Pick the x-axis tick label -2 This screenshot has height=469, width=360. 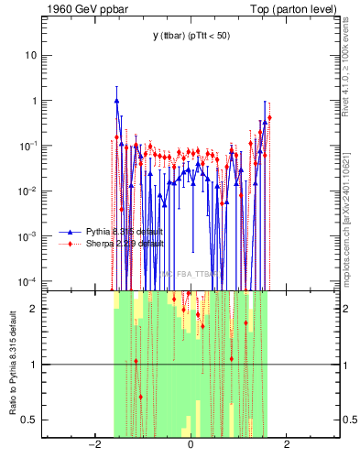93,445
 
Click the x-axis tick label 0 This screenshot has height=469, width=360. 191,445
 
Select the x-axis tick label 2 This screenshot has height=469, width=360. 287,445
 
